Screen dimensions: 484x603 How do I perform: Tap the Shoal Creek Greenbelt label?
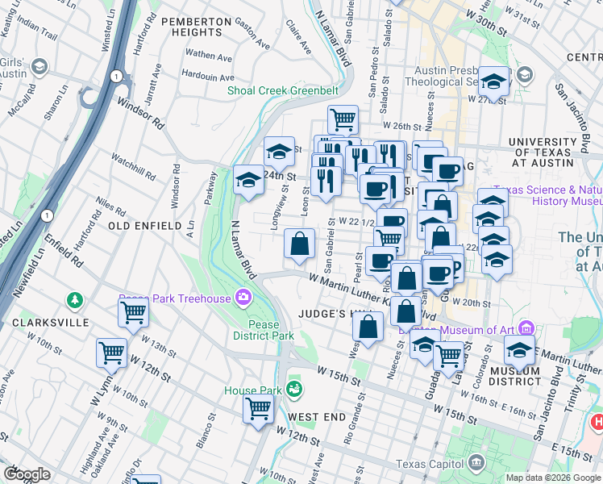pos(289,90)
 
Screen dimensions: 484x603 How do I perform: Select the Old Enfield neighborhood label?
pos(145,226)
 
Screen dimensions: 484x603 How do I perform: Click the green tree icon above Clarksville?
pos(75,301)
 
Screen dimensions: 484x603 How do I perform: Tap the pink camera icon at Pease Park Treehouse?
pos(243,298)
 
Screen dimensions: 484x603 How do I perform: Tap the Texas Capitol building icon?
pos(476,463)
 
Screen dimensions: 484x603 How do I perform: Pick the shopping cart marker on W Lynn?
pos(111,353)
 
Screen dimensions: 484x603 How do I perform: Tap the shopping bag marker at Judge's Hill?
pos(368,326)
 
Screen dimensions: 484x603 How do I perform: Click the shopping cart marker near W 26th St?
pos(343,119)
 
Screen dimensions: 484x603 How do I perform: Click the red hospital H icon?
pos(597,421)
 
